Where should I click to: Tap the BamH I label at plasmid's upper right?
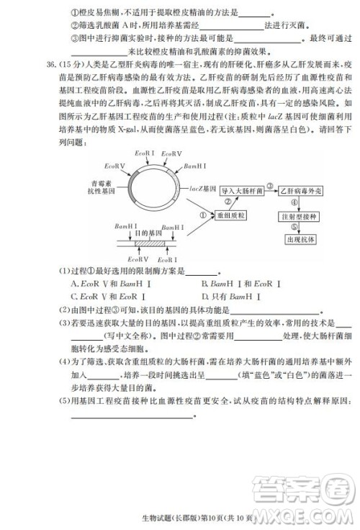(x=196, y=166)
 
